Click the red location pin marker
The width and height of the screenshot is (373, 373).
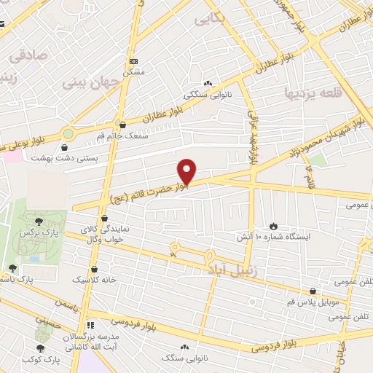pyautogui.click(x=187, y=171)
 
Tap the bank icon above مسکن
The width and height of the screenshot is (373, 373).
pyautogui.click(x=133, y=62)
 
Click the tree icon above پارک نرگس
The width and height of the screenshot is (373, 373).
pyautogui.click(x=39, y=219)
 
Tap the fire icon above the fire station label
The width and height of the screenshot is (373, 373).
pyautogui.click(x=274, y=227)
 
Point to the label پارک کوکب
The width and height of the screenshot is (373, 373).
pyautogui.click(x=40, y=360)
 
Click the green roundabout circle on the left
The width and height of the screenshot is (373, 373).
pyautogui.click(x=68, y=133)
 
